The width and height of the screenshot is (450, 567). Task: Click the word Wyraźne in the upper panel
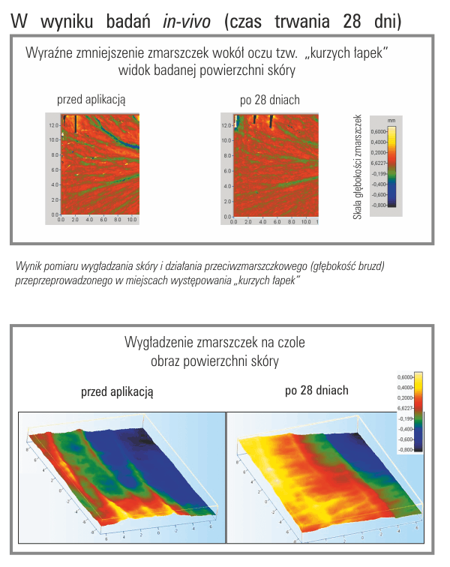point(52,54)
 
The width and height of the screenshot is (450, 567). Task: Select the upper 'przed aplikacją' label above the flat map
point(91,99)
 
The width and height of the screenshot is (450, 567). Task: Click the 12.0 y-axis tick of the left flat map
point(53,124)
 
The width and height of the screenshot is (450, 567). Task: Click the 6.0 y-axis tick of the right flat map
point(225,169)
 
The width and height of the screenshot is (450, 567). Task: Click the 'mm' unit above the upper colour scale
point(391,119)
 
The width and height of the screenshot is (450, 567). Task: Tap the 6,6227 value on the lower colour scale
point(405,408)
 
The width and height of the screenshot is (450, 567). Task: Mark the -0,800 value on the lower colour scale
point(406,449)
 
